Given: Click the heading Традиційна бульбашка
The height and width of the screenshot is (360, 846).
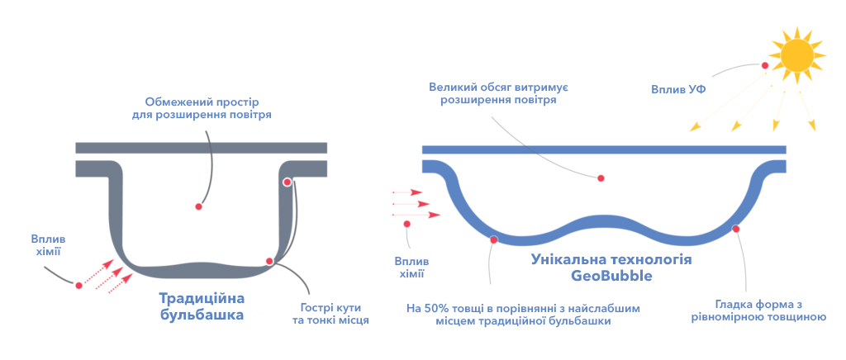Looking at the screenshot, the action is point(202,306).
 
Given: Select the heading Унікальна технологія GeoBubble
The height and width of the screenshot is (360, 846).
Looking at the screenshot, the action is point(611,268).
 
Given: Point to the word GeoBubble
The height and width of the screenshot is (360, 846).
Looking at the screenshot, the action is point(612,277).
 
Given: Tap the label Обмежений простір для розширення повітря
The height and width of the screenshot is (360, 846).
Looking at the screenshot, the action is point(202,108).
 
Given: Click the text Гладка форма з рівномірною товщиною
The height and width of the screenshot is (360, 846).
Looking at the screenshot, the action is point(759,310).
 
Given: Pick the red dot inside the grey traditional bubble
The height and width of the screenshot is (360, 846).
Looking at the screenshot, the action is point(198,206).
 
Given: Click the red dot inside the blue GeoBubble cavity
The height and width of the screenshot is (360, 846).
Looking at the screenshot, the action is point(601,178).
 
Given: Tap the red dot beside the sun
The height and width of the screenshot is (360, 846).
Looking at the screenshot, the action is point(764,65).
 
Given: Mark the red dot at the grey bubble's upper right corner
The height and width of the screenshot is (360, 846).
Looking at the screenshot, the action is point(287,182).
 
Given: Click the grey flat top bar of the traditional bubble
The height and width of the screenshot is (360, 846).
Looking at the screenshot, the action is point(202,148).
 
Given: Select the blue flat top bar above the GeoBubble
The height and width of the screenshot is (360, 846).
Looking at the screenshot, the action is point(604,149).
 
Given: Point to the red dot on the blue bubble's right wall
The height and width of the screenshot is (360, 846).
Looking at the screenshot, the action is point(736,229).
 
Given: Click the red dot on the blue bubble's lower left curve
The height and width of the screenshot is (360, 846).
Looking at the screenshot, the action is point(493,239).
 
